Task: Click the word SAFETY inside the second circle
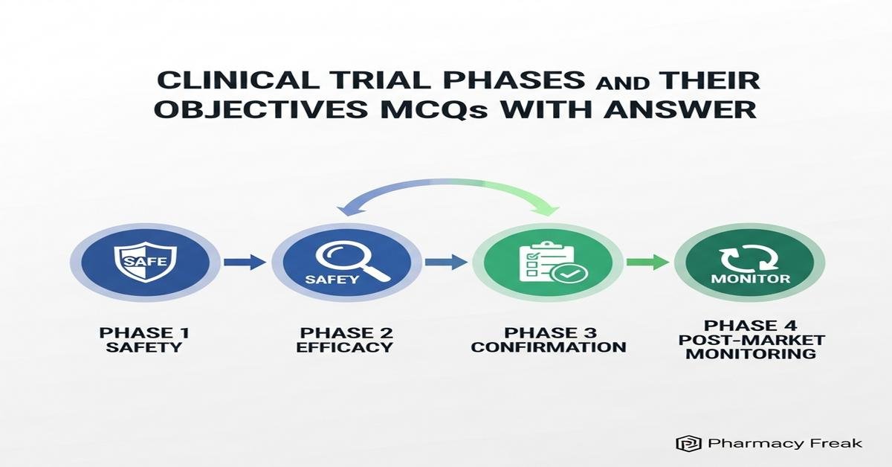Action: pos(332,280)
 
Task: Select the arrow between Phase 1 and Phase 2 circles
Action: pos(245,262)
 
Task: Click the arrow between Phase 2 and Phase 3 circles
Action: pos(447,262)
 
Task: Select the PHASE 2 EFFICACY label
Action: pos(345,340)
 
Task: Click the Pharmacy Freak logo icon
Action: pos(683,443)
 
